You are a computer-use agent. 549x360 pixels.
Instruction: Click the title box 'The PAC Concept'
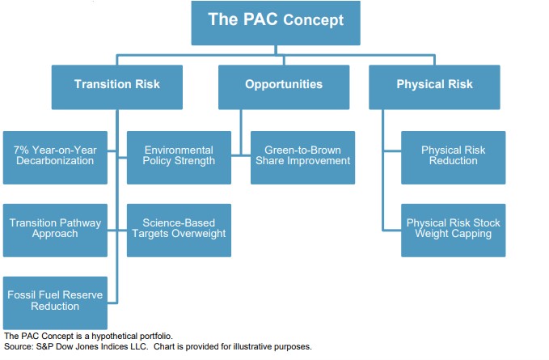(275, 23)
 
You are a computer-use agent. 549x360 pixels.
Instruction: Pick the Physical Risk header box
(434, 84)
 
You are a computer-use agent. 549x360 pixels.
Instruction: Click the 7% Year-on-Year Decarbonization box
(54, 155)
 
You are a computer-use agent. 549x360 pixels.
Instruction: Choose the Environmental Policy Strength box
(179, 155)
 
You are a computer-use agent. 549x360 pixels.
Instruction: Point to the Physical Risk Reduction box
(453, 155)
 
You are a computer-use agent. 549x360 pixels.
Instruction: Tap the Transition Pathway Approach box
(54, 227)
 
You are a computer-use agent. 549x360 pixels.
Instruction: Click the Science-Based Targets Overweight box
(179, 227)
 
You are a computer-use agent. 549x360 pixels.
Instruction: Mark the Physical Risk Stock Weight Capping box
(453, 229)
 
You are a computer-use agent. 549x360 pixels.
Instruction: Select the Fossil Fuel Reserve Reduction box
(54, 301)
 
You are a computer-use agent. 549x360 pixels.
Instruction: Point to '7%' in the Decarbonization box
(23, 150)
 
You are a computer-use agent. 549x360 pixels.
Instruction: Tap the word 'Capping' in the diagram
(471, 235)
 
